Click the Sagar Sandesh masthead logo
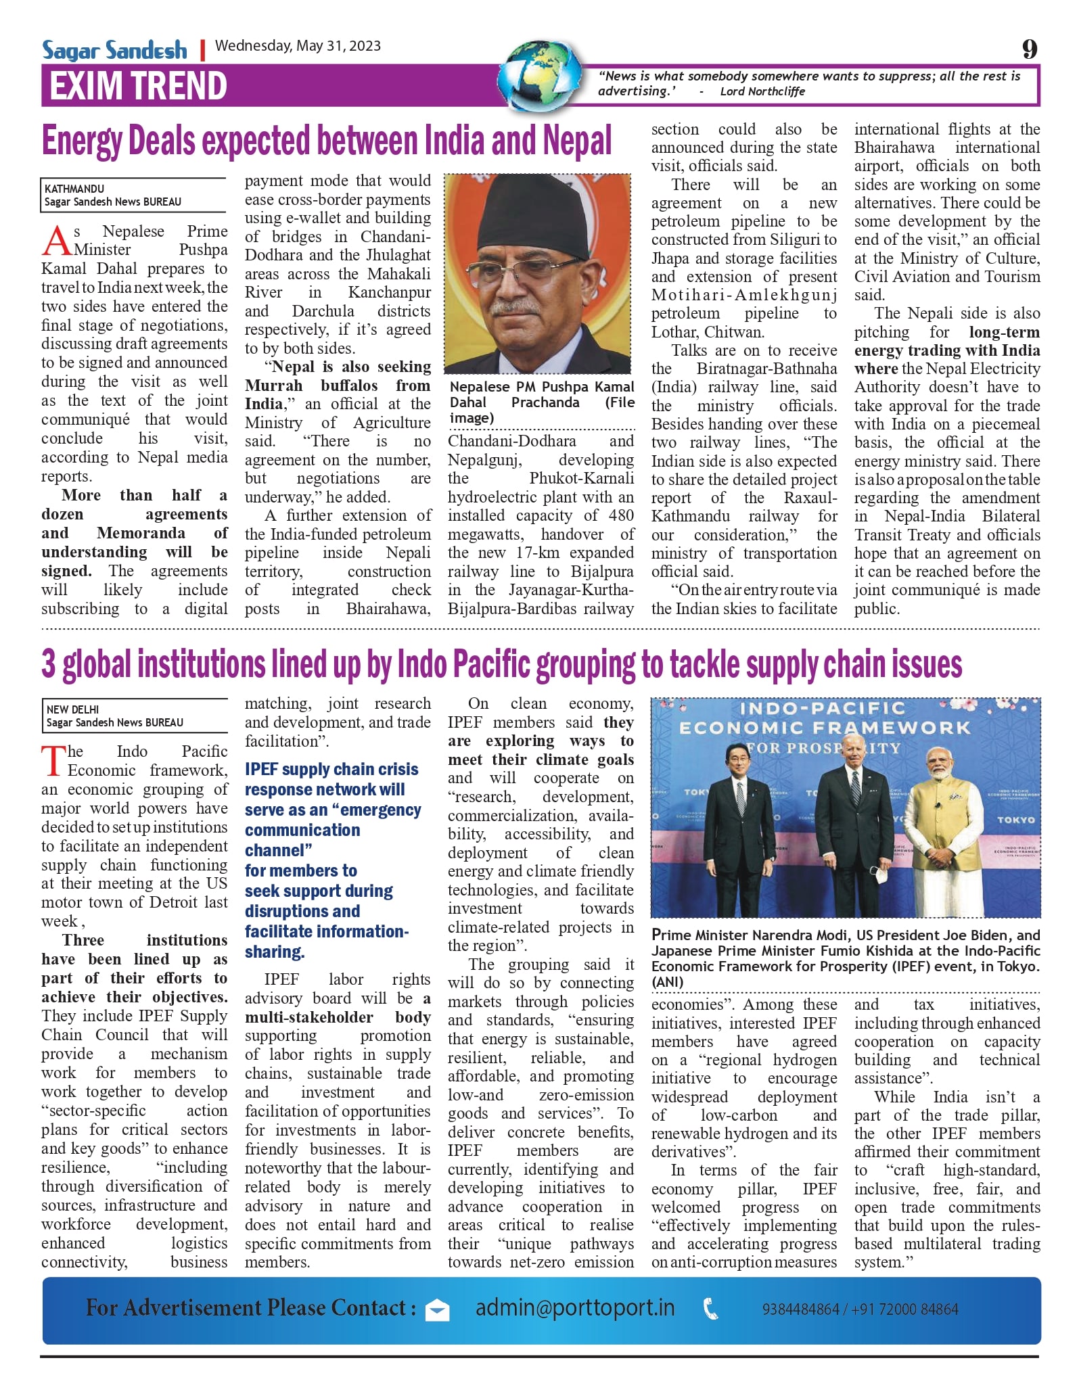[x=114, y=50]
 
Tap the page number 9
[x=1029, y=49]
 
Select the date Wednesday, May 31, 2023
[x=298, y=46]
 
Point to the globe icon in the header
[x=541, y=76]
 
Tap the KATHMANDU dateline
[x=74, y=189]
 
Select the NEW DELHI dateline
[x=72, y=709]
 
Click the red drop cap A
[x=56, y=242]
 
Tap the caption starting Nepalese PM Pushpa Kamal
[x=542, y=402]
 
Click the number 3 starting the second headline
[x=49, y=663]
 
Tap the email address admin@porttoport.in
[x=575, y=1307]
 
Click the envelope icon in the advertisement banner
[x=437, y=1310]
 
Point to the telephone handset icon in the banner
[x=711, y=1309]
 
